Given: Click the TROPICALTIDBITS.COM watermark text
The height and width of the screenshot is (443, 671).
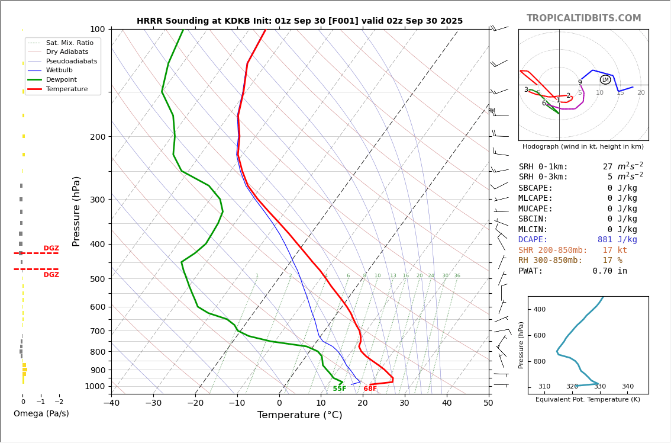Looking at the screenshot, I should (x=583, y=18).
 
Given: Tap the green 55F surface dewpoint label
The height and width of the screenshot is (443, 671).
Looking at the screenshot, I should (x=340, y=389).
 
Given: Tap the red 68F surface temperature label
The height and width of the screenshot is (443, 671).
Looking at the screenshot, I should (x=370, y=389).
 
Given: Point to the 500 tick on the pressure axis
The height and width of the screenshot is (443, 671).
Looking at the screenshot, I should (x=97, y=279).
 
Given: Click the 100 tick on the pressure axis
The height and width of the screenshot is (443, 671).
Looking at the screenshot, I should (x=97, y=29).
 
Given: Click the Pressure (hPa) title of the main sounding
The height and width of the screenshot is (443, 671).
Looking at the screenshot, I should (x=76, y=211).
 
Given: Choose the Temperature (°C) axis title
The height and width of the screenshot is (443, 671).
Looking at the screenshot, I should (x=299, y=416).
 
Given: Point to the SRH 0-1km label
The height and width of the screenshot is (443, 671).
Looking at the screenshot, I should (x=543, y=167).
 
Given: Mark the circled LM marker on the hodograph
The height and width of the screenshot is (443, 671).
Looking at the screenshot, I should (x=605, y=80).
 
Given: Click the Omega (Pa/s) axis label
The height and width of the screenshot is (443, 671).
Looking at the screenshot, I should (x=41, y=414).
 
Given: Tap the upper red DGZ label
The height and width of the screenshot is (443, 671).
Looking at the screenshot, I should (x=51, y=249).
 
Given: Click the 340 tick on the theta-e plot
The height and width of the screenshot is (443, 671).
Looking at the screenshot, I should (x=627, y=387).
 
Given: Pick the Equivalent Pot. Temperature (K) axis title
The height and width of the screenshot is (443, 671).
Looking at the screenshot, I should (x=588, y=400).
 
